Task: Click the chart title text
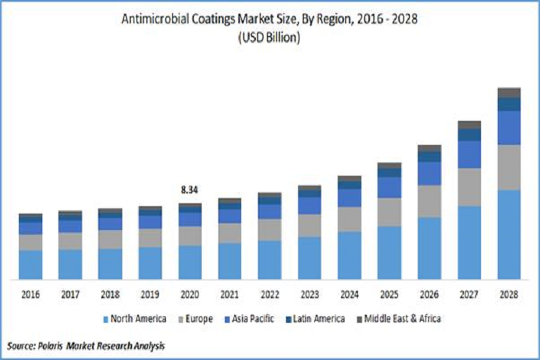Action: click(x=270, y=19)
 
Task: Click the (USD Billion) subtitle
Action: click(x=270, y=38)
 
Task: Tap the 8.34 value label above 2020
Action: click(x=190, y=190)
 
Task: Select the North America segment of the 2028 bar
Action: click(x=509, y=234)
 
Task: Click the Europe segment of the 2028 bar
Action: click(x=509, y=167)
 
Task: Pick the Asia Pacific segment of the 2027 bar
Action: click(x=470, y=154)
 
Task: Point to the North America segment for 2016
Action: click(x=30, y=264)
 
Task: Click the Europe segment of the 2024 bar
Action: click(x=349, y=219)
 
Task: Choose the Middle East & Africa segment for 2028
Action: click(x=509, y=93)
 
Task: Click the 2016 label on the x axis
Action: click(x=30, y=294)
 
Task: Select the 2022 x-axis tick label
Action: click(x=269, y=294)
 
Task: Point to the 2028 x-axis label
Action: click(x=509, y=294)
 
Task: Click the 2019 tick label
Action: click(x=150, y=294)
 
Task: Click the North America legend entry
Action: click(x=138, y=319)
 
